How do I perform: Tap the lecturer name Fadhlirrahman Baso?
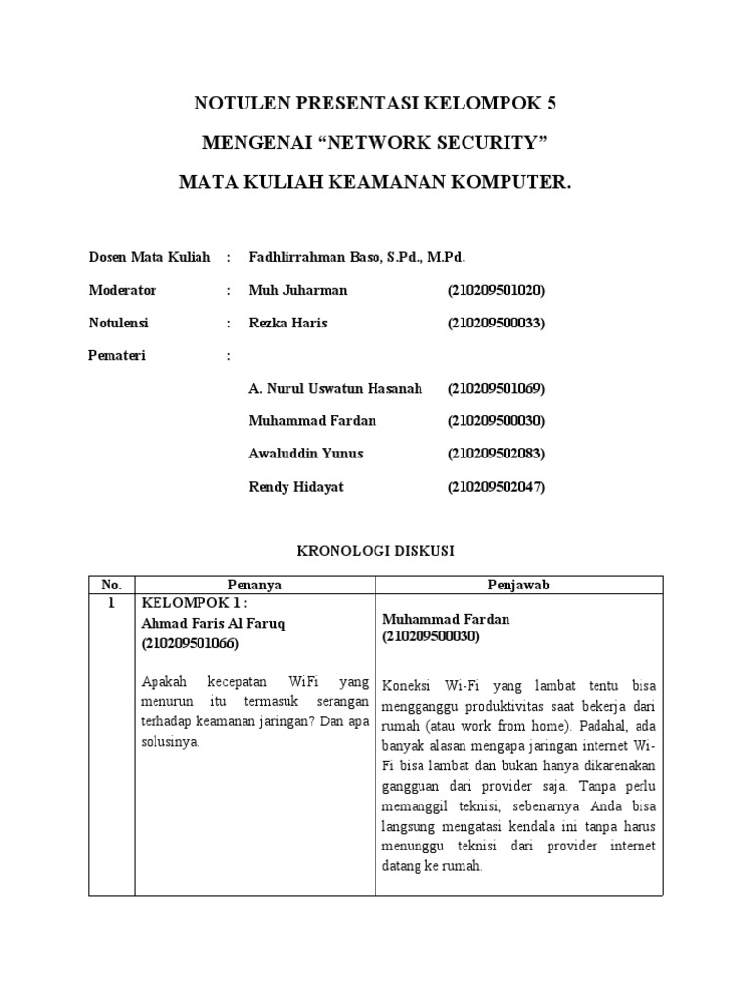(x=324, y=257)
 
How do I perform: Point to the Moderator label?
(x=122, y=290)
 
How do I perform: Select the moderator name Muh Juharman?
(x=298, y=290)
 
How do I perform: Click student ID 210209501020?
(x=496, y=290)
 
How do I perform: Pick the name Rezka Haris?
(x=289, y=323)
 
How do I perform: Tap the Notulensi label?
(x=118, y=323)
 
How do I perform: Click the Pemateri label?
(x=116, y=356)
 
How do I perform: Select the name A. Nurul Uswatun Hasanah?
(x=335, y=388)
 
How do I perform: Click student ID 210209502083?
(x=496, y=454)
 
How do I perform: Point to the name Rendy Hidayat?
(x=297, y=486)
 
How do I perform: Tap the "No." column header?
(x=110, y=584)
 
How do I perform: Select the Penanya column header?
(x=254, y=584)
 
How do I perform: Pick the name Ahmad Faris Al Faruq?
(x=214, y=623)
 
